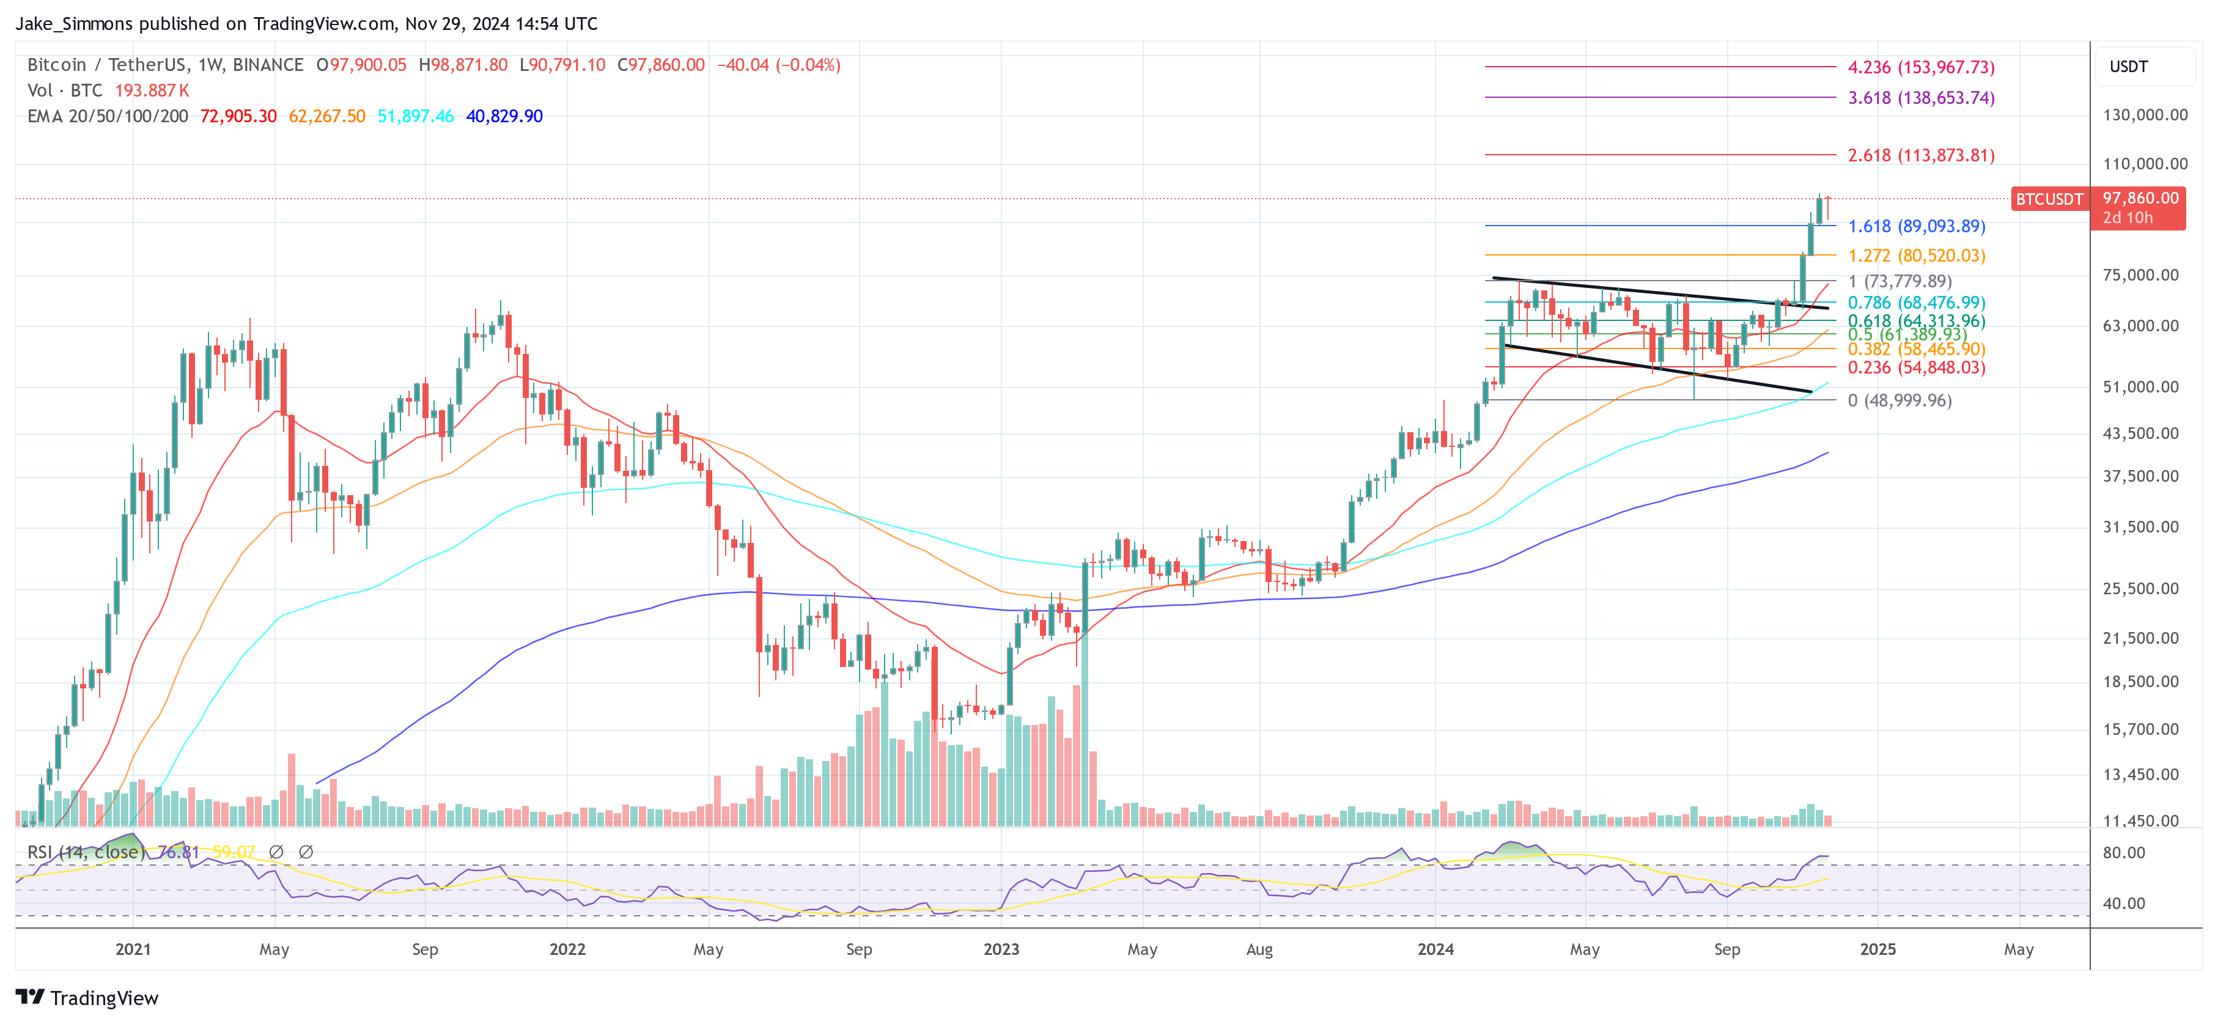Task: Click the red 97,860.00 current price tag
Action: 2140,199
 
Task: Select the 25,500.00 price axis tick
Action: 2140,589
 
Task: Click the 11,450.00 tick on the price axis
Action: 2140,821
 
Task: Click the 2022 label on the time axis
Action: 567,949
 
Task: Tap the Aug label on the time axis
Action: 1259,949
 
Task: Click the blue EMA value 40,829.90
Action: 504,116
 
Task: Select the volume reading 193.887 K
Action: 152,90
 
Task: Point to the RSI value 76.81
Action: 179,852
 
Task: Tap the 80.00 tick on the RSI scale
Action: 2123,853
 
